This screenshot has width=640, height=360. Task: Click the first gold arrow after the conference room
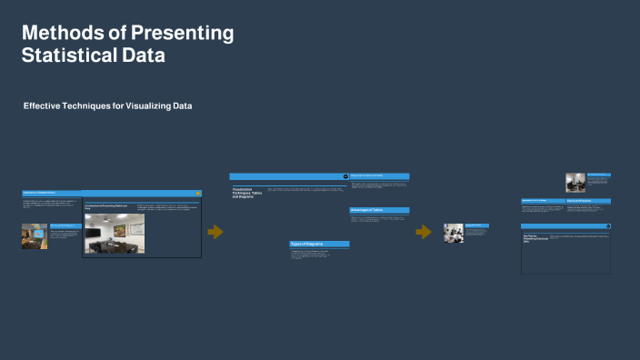215,232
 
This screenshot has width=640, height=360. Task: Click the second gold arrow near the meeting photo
423,232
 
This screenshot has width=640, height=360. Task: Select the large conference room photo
115,233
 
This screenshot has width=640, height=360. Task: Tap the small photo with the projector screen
35,235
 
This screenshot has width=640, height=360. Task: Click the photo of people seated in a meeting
454,233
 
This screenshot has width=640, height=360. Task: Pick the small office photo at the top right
575,182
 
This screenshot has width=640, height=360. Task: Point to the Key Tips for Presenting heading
534,238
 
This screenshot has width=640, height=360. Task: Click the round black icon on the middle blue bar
345,176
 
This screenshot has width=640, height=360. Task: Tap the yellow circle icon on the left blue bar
197,193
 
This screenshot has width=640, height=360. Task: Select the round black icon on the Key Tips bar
607,225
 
